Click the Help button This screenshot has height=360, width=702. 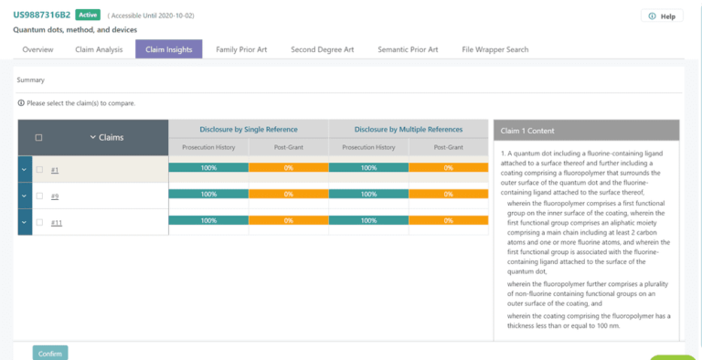click(x=662, y=16)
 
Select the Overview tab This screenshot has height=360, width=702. click(x=37, y=49)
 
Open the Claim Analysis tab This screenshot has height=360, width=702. click(x=99, y=49)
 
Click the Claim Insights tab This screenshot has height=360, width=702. click(x=168, y=49)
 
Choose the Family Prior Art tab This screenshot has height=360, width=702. click(x=241, y=49)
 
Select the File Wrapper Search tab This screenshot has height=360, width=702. click(x=495, y=49)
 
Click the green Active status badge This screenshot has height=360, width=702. click(x=88, y=16)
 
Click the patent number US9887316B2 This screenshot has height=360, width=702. click(x=41, y=16)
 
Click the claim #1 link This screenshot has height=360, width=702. click(x=55, y=170)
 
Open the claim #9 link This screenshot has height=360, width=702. click(x=55, y=196)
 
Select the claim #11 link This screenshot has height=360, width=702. click(x=57, y=223)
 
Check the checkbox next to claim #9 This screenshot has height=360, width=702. click(x=39, y=196)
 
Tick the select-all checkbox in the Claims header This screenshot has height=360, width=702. click(x=38, y=138)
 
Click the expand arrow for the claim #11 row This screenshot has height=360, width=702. click(x=24, y=223)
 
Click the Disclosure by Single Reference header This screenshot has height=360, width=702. click(x=248, y=130)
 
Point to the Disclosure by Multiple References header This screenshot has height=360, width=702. click(x=408, y=130)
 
